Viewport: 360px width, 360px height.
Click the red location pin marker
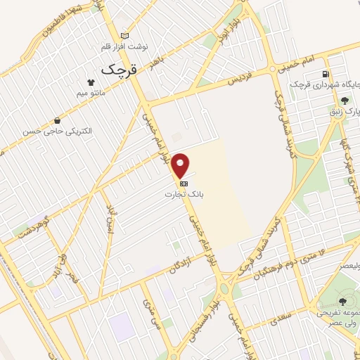(181, 166)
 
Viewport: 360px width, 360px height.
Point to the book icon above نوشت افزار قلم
(125, 36)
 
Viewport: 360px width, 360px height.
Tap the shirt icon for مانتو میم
(91, 82)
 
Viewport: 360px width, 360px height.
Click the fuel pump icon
(325, 74)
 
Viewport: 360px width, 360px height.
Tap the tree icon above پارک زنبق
(344, 101)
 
